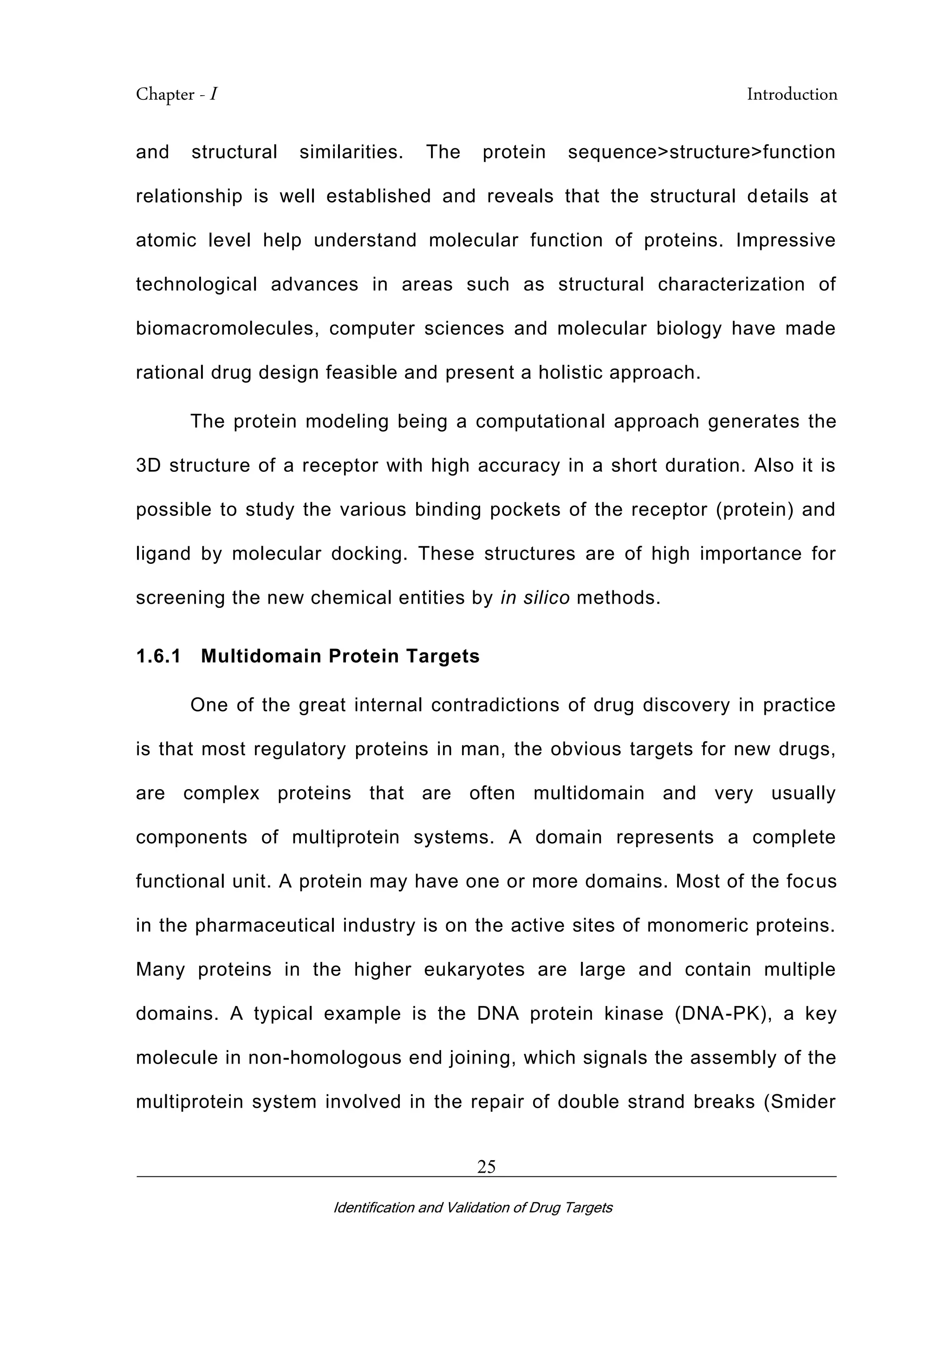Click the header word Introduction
point(792,94)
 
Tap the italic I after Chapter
point(214,94)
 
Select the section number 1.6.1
point(158,656)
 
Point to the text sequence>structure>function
point(702,152)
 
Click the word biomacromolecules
point(227,329)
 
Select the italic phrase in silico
point(534,598)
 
